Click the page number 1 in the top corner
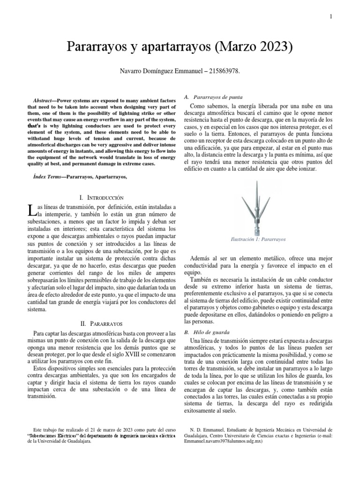[x=331, y=17]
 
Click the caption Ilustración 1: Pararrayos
[x=258, y=239]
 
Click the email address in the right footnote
[x=221, y=442]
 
